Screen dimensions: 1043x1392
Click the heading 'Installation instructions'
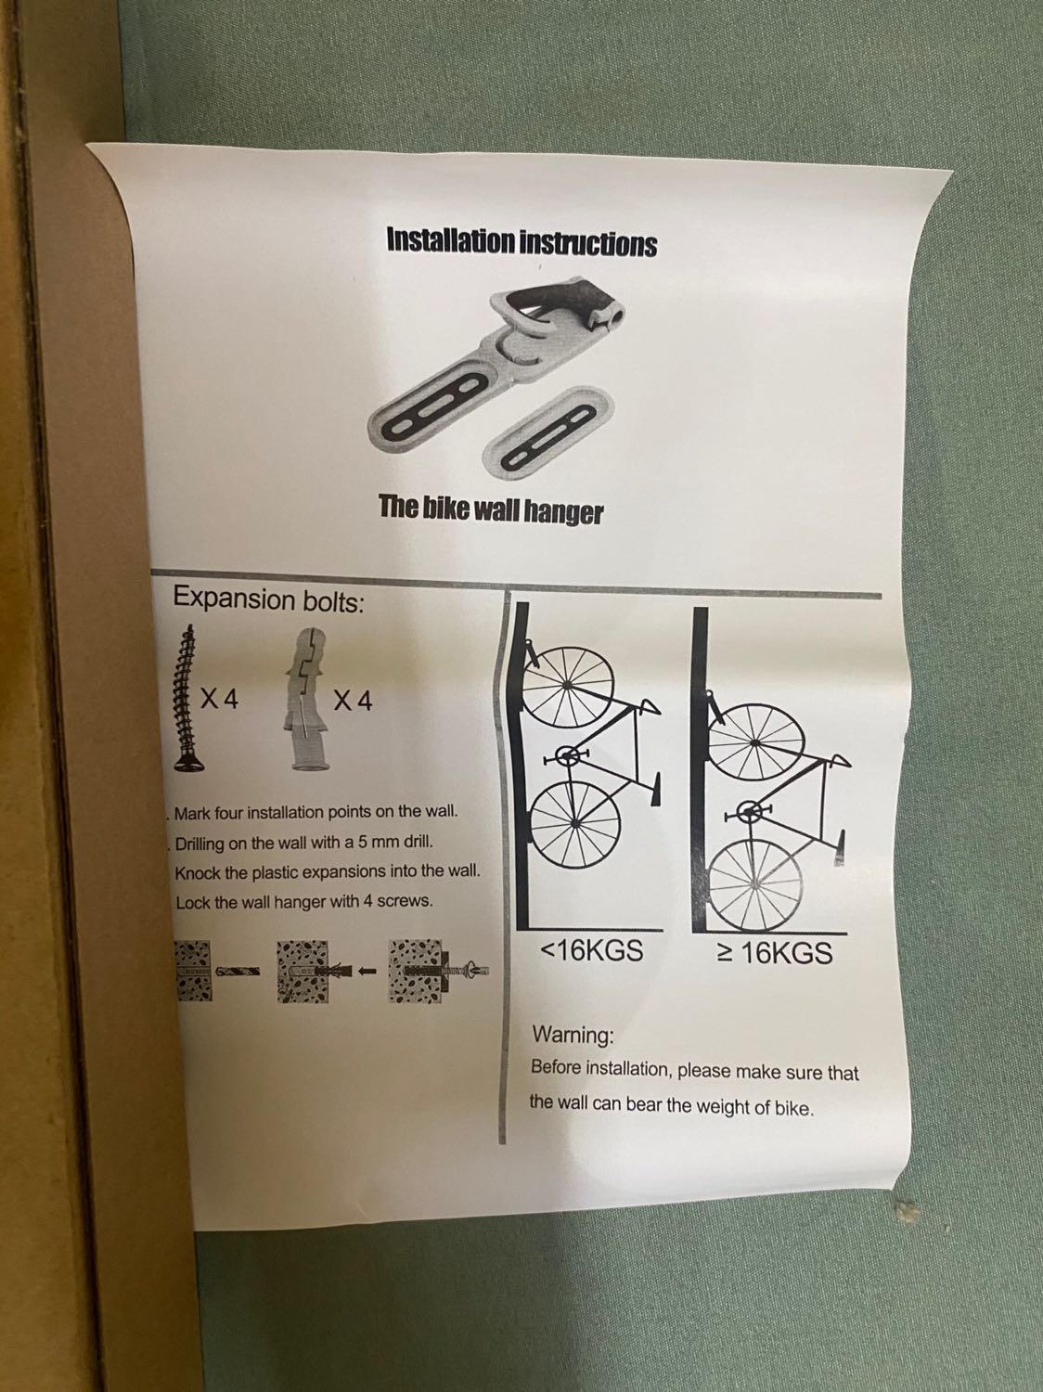tap(521, 242)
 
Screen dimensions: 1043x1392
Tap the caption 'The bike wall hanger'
tap(492, 510)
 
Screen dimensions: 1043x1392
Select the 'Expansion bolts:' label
tap(269, 599)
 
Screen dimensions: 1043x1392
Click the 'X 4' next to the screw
tap(219, 700)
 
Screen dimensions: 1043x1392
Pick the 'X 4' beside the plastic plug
tap(354, 701)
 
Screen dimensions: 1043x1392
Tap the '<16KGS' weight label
tap(591, 951)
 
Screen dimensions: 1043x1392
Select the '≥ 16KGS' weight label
tap(774, 952)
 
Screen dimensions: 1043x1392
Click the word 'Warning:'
tap(573, 1036)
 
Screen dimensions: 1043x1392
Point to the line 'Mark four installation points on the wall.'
tap(315, 812)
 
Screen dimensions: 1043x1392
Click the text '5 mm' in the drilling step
tap(378, 844)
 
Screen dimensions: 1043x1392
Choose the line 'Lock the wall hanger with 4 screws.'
tap(304, 902)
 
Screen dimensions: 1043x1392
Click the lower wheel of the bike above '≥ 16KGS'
tap(754, 883)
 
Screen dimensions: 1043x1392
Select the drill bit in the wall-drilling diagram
tap(238, 972)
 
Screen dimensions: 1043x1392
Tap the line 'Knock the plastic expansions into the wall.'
tap(328, 872)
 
